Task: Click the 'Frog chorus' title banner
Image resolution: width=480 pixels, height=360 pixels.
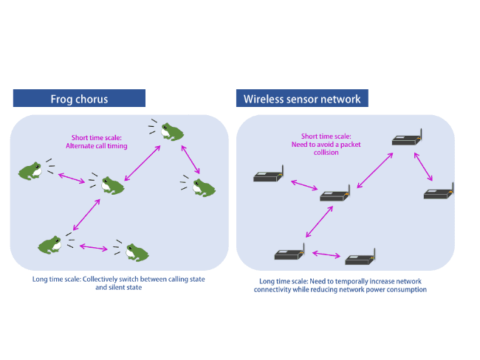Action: coord(79,98)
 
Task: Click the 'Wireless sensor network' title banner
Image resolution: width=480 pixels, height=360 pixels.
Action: coord(302,98)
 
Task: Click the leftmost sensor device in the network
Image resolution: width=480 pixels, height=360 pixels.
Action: coord(267,176)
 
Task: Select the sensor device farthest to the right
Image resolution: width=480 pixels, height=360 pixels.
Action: coord(438,193)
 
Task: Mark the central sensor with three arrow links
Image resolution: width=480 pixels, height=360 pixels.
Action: coord(335,195)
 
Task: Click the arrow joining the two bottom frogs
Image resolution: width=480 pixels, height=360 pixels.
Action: coord(95,247)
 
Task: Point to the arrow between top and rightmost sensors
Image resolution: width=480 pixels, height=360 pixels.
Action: coord(425,167)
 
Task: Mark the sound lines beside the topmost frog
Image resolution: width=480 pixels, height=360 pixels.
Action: coord(152,127)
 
